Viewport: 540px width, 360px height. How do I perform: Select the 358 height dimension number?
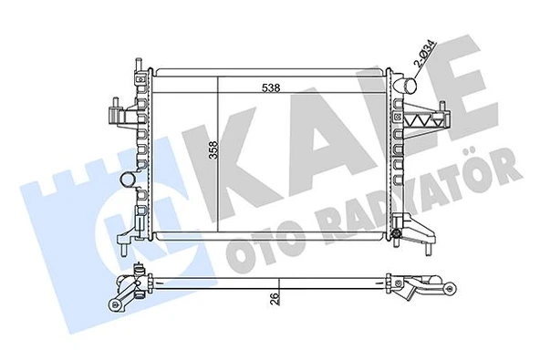212,151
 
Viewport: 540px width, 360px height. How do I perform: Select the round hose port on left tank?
127,182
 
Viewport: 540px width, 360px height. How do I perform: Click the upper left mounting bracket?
117,114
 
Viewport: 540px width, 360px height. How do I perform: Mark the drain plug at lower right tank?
399,241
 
